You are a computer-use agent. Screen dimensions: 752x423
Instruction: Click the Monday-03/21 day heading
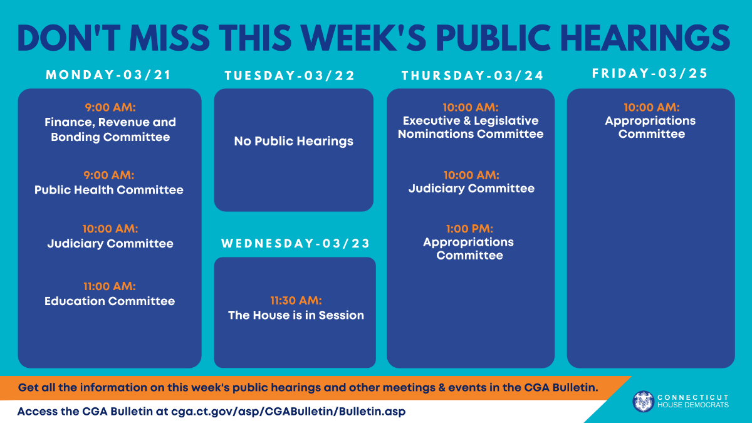(108, 75)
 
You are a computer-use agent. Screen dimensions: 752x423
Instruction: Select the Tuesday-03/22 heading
(290, 75)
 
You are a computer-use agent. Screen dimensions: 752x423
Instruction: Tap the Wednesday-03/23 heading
(295, 243)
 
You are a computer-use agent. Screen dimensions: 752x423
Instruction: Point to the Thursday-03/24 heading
(473, 75)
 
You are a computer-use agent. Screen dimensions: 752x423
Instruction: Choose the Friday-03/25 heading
(650, 73)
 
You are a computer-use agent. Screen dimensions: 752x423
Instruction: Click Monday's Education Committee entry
(110, 301)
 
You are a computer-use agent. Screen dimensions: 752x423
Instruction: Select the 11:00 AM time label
(110, 286)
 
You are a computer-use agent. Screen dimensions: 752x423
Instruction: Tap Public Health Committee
(109, 190)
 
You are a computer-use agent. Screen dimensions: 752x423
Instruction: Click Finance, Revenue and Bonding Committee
(110, 130)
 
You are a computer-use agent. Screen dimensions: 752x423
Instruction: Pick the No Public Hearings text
(294, 141)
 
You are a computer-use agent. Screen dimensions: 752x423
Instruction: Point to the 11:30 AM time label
(296, 300)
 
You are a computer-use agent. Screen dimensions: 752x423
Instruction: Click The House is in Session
(296, 315)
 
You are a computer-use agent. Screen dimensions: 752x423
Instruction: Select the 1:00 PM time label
(469, 229)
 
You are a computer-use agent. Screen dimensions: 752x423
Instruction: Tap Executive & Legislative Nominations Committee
(471, 127)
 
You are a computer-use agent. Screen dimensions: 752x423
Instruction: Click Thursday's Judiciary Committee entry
(471, 189)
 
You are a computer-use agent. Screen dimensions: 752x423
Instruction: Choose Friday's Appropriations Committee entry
(650, 127)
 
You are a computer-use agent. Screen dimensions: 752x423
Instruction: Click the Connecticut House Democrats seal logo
(643, 402)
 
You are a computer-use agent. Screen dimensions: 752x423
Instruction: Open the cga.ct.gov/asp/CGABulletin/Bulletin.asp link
(288, 411)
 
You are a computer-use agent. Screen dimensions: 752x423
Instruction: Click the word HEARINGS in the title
(645, 38)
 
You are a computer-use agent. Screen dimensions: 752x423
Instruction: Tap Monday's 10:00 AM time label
(110, 229)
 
